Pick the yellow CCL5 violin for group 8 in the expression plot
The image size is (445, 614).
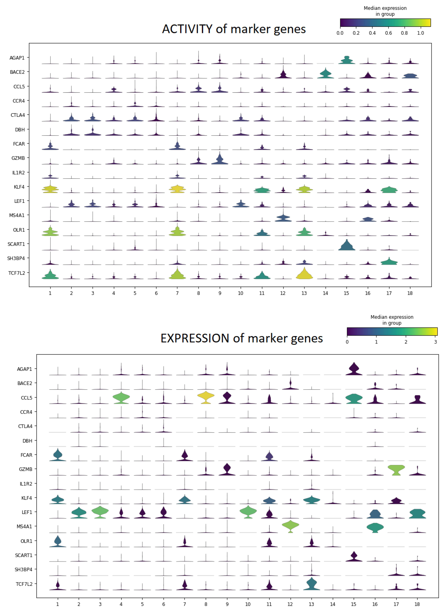[206, 397]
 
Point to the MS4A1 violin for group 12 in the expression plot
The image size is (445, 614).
[290, 526]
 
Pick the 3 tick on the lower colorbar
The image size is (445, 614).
[435, 342]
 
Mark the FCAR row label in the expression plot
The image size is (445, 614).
[26, 455]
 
